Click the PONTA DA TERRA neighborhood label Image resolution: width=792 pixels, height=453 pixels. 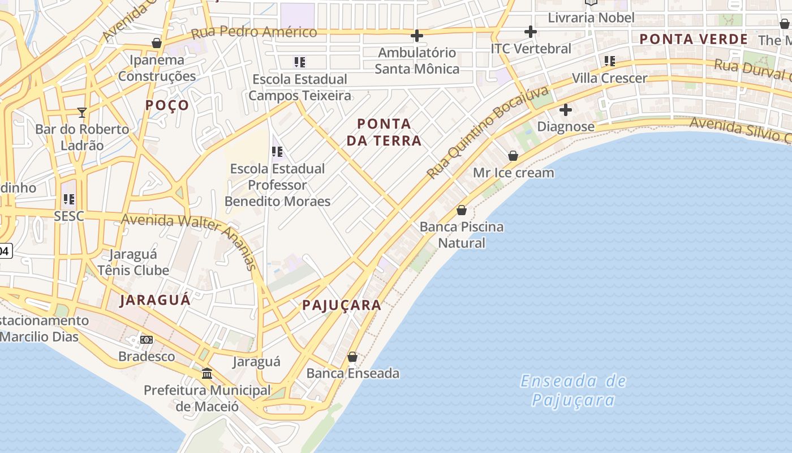point(384,132)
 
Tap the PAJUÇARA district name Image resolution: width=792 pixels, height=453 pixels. point(342,305)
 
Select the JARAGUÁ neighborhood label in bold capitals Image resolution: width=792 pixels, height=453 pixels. point(155,300)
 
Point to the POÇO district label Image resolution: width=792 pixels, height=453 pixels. point(167,105)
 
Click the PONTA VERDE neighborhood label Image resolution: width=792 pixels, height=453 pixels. point(694,39)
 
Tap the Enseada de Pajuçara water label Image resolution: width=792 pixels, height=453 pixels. point(573,390)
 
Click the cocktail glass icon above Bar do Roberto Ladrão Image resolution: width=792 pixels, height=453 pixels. point(82,112)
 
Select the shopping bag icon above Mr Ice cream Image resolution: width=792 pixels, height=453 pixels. point(513,155)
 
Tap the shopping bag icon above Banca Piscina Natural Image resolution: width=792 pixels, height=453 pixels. point(462,210)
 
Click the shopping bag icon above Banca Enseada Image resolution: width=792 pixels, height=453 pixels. point(352,357)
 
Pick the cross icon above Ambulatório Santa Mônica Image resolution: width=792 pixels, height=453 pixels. point(417,36)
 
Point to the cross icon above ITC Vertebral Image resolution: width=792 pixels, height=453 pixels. point(530,32)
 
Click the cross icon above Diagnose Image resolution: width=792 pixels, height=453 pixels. point(565,109)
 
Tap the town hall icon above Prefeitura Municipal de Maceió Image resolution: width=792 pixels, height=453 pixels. point(207,374)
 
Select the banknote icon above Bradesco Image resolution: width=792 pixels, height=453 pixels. point(147,340)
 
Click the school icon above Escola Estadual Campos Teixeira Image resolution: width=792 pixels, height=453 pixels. point(300,62)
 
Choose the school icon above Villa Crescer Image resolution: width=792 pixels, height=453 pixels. point(609,61)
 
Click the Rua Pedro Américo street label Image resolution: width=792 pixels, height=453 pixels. point(254,32)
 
